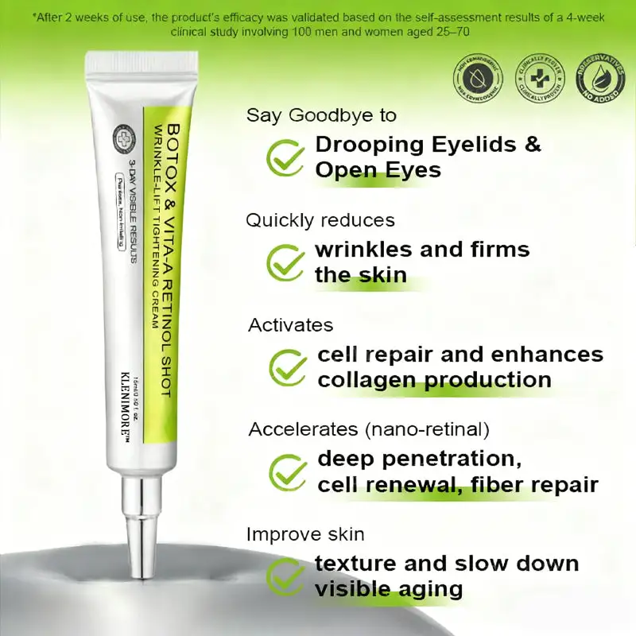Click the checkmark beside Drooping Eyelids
coord(285,157)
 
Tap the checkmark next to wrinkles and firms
coord(285,261)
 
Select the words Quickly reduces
coord(320,220)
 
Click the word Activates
coord(290,325)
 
